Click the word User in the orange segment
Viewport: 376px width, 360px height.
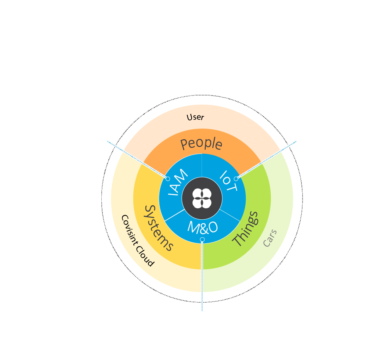195,117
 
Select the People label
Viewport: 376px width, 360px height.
202,144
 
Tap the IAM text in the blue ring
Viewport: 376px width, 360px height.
178,182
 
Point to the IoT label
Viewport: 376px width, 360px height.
228,181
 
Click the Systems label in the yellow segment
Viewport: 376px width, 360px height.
158,228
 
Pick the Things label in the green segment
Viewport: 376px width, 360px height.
246,228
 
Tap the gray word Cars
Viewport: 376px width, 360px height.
270,238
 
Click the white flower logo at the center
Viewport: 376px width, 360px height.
202,198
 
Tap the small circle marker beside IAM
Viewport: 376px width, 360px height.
168,179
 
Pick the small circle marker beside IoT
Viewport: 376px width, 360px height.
236,179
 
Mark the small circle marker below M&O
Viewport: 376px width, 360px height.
202,240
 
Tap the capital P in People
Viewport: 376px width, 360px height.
184,144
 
